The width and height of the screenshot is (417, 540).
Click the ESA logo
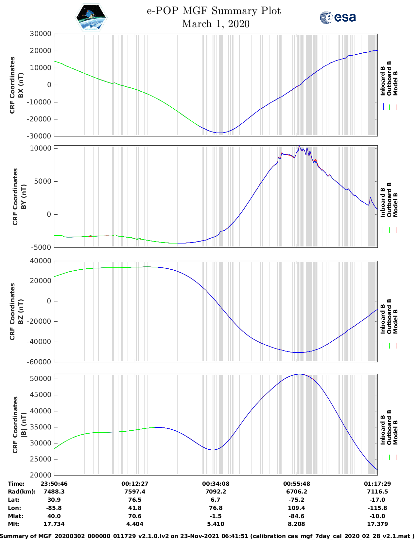click(338, 17)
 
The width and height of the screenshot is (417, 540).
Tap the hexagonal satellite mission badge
click(91, 17)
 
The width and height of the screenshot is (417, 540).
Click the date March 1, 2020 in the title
click(216, 24)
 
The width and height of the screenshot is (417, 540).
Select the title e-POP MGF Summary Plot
click(214, 11)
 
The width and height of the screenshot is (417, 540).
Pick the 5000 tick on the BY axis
click(43, 181)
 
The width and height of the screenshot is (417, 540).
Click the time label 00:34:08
click(216, 483)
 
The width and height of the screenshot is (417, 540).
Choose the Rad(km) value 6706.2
click(296, 492)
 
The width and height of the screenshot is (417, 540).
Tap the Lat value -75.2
click(296, 500)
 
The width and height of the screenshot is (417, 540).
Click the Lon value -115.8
click(377, 508)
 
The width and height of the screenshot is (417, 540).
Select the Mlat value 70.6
click(135, 516)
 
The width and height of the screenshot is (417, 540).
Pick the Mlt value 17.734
click(54, 524)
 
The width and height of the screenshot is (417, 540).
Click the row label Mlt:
click(14, 524)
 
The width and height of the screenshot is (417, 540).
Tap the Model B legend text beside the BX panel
click(395, 83)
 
